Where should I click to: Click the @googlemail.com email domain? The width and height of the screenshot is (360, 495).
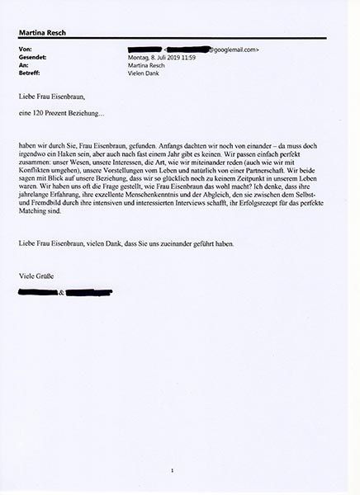(x=235, y=49)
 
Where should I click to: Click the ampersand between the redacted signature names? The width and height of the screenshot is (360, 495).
(x=62, y=291)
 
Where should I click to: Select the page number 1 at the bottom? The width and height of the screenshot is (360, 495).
(x=173, y=470)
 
